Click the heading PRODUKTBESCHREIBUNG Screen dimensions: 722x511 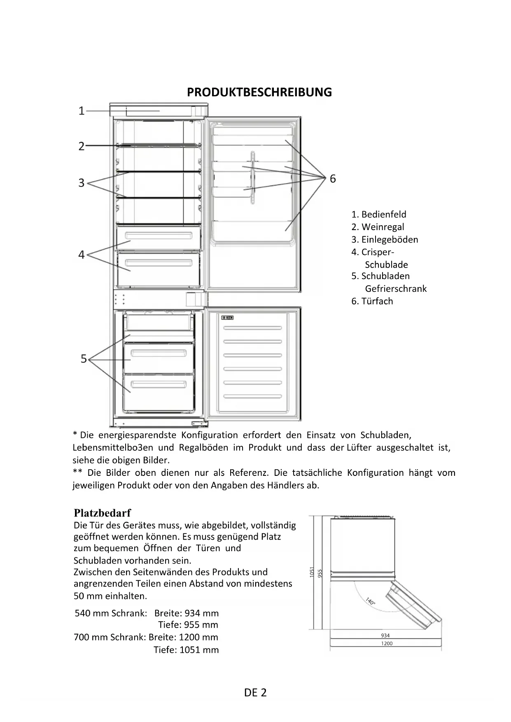click(259, 92)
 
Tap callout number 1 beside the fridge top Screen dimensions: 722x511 click(82, 111)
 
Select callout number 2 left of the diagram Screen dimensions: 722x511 click(82, 146)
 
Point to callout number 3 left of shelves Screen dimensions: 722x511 click(82, 183)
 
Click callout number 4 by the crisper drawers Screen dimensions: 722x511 click(82, 255)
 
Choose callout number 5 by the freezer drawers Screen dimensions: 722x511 click(84, 359)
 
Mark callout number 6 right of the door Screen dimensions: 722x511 click(333, 179)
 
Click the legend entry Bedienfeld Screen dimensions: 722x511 click(379, 214)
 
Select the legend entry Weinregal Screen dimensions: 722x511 click(378, 227)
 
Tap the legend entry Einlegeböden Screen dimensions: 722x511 click(385, 240)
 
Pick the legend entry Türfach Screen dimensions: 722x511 click(372, 301)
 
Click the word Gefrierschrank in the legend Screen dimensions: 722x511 click(396, 289)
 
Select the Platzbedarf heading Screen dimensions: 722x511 click(102, 513)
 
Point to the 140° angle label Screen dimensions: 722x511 click(370, 601)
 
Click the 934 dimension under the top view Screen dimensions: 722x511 click(385, 636)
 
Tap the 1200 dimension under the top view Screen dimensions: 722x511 click(387, 643)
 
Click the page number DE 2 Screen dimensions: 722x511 click(255, 692)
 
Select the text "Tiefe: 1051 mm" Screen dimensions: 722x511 click(186, 650)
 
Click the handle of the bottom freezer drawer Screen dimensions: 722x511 click(159, 385)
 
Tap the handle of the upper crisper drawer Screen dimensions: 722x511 click(159, 236)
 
